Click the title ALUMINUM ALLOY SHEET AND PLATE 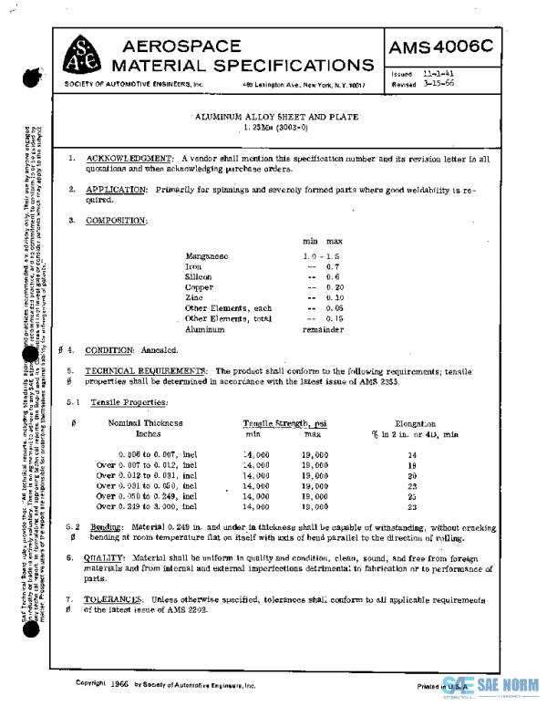pyautogui.click(x=277, y=118)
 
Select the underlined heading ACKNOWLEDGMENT pyautogui.click(x=128, y=159)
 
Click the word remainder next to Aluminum pyautogui.click(x=323, y=328)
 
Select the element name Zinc pyautogui.click(x=195, y=297)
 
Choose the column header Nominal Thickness pyautogui.click(x=146, y=423)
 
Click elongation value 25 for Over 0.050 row pyautogui.click(x=412, y=497)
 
